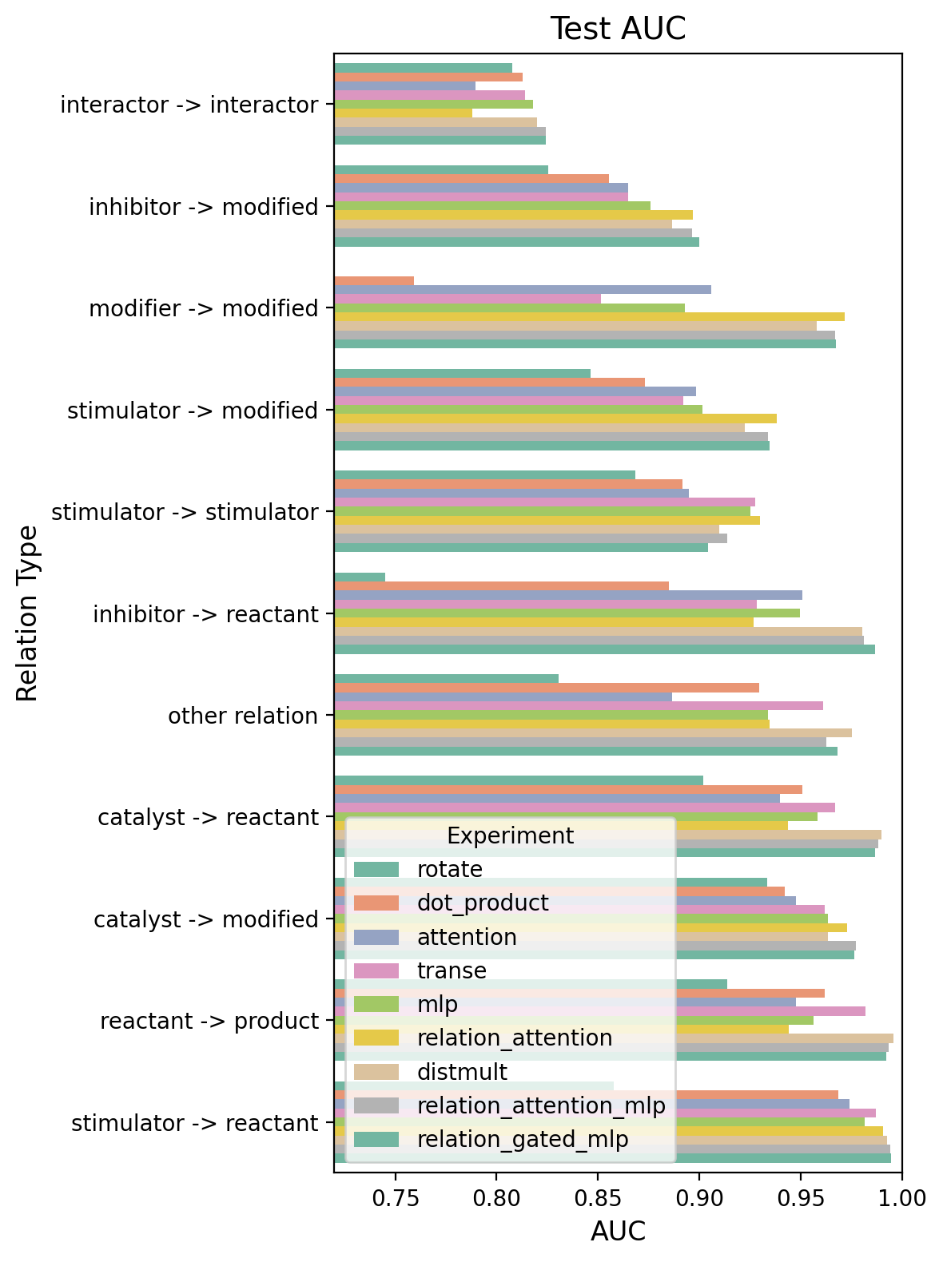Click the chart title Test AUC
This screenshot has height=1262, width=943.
pyautogui.click(x=618, y=29)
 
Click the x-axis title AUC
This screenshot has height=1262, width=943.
pyautogui.click(x=618, y=1232)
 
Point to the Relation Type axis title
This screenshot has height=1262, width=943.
pyautogui.click(x=28, y=613)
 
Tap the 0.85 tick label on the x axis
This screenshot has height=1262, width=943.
pyautogui.click(x=597, y=1197)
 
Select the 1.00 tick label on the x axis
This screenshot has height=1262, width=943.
pyautogui.click(x=901, y=1197)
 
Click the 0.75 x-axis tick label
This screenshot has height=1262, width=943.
pyautogui.click(x=394, y=1197)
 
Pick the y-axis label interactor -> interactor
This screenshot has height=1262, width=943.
pyautogui.click(x=189, y=105)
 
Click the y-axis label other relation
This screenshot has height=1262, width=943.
pyautogui.click(x=243, y=716)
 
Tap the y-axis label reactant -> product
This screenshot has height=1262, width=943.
pyautogui.click(x=209, y=1021)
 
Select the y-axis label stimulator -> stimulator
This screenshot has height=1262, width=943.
pyautogui.click(x=185, y=512)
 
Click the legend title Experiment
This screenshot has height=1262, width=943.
pyautogui.click(x=510, y=835)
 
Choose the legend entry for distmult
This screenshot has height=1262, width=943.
pyautogui.click(x=462, y=1072)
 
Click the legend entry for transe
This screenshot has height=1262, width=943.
pyautogui.click(x=452, y=970)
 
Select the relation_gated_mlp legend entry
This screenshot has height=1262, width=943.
pyautogui.click(x=523, y=1139)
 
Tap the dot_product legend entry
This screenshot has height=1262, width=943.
pyautogui.click(x=483, y=903)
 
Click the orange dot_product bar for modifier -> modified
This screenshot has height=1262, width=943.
pyautogui.click(x=374, y=280)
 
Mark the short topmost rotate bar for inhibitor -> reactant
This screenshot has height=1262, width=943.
pyautogui.click(x=360, y=577)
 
